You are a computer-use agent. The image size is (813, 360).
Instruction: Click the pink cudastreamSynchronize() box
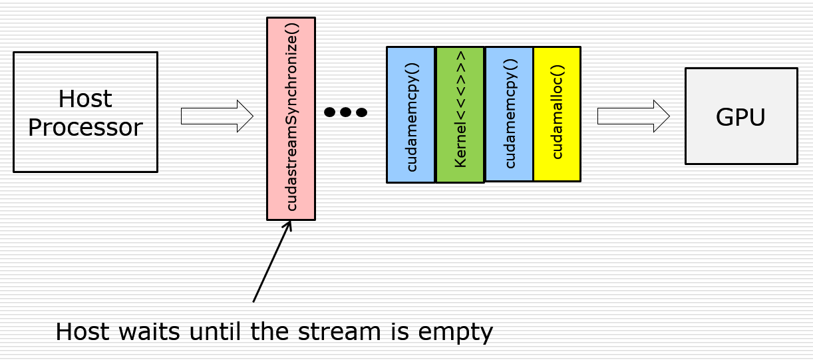tap(291, 118)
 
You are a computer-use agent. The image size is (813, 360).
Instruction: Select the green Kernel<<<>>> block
tap(460, 114)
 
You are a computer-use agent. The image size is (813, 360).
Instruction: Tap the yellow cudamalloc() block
tap(557, 113)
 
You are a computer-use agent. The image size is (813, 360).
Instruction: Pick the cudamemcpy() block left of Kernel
tap(411, 114)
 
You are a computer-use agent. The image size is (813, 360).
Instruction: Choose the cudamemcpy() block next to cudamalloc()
tap(509, 113)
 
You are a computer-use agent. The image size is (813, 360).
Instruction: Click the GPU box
tap(740, 116)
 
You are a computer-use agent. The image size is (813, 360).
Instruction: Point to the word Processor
tap(85, 127)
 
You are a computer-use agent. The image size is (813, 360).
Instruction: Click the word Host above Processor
tap(85, 99)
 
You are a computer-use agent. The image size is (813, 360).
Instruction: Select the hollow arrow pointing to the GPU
tap(633, 116)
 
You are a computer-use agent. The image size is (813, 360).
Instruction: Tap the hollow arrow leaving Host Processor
tap(217, 116)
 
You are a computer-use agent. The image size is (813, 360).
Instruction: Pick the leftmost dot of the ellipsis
tap(330, 112)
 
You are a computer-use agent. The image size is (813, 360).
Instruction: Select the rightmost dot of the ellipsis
tap(361, 112)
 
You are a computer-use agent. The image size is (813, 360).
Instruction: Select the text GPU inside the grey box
tap(740, 117)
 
